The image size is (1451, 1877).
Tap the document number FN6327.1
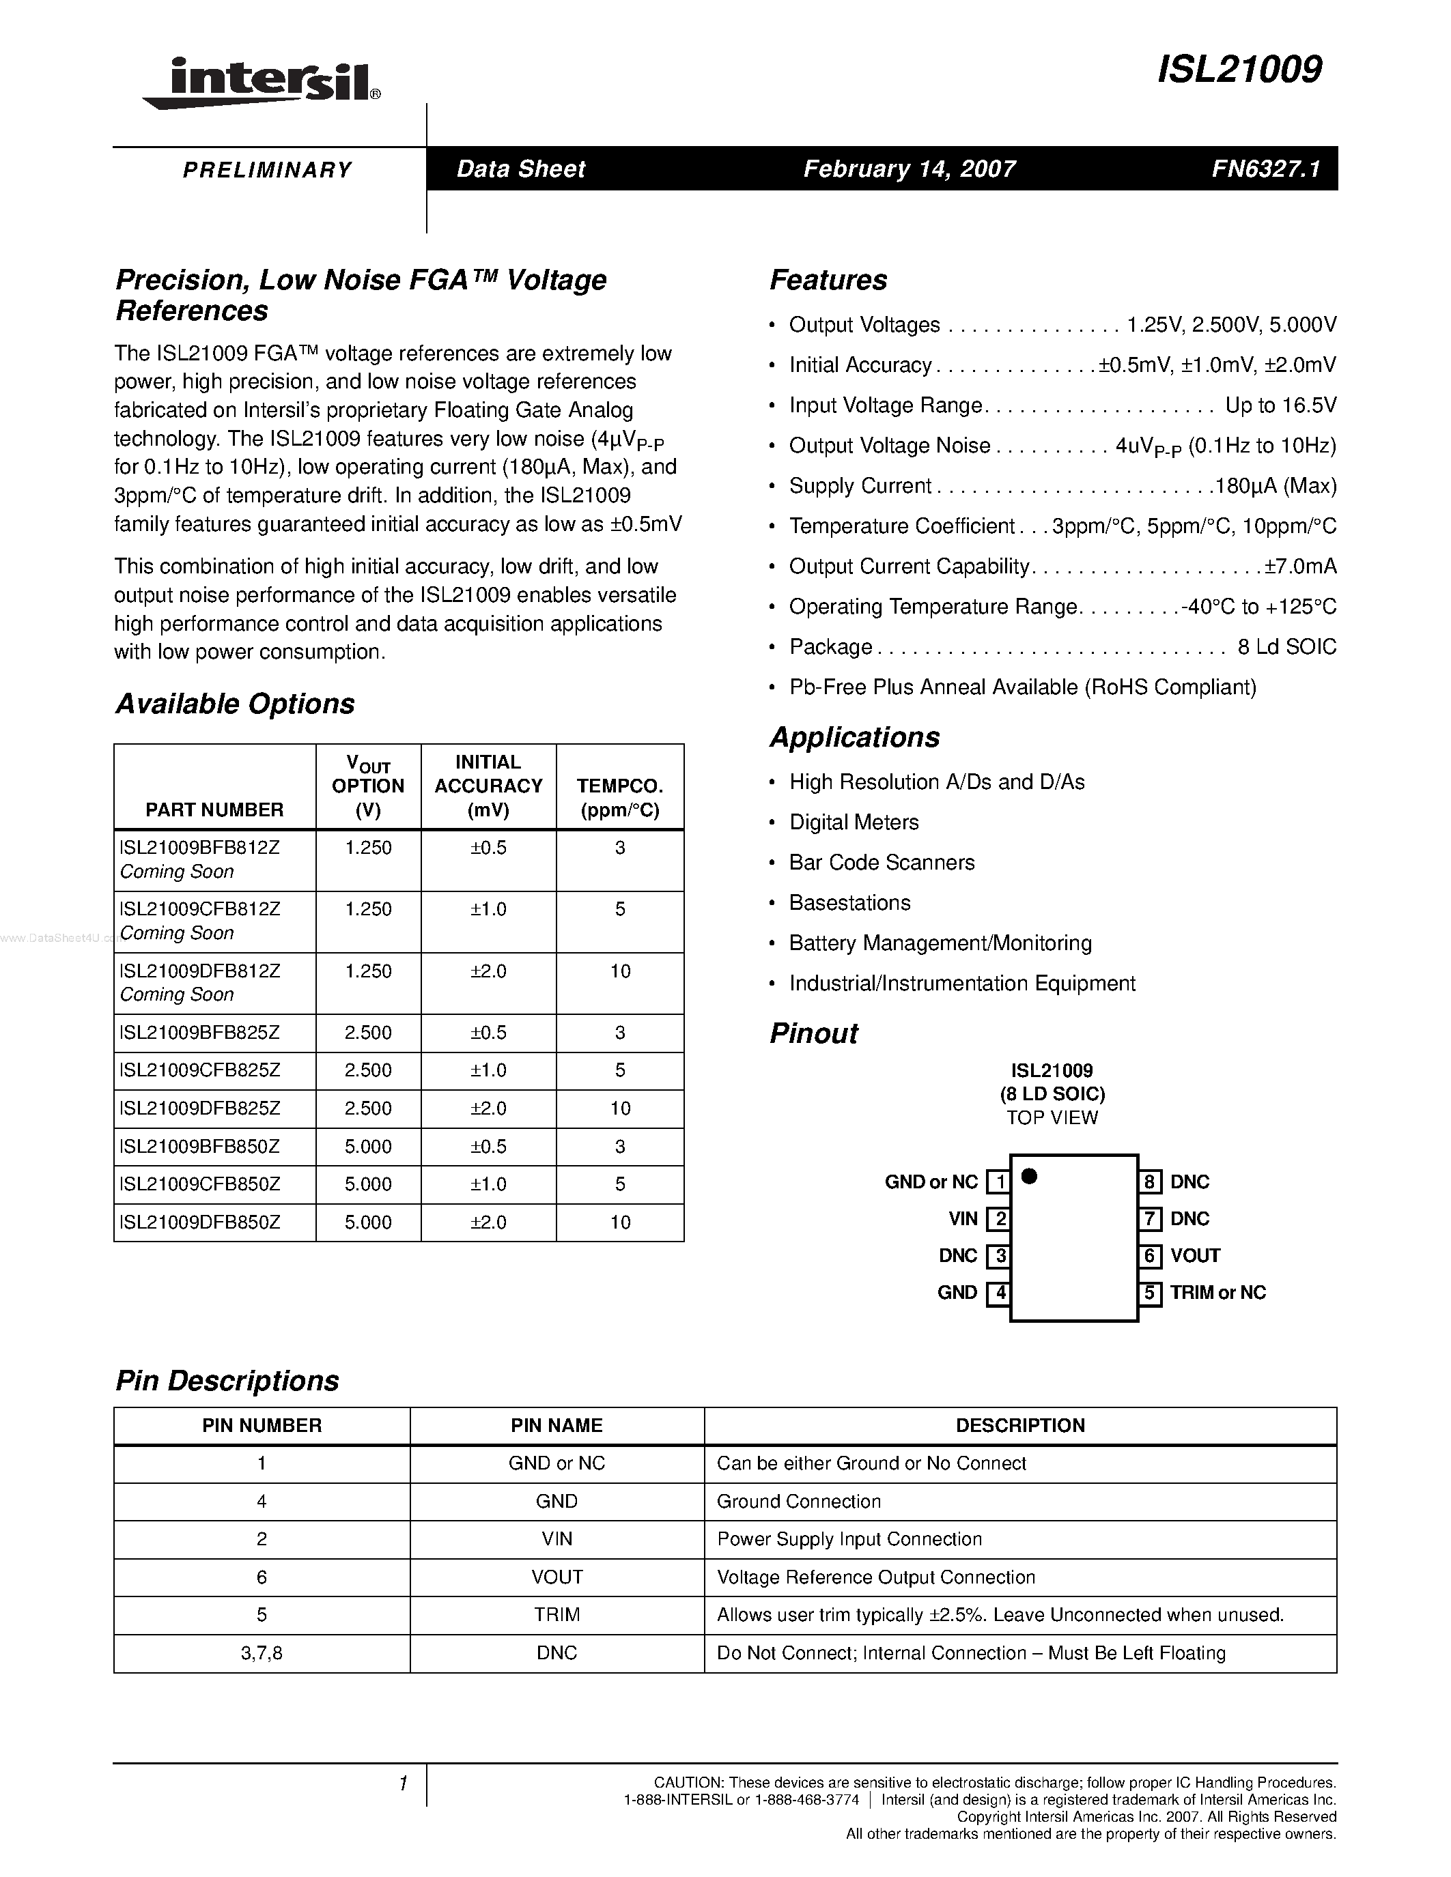(x=1265, y=169)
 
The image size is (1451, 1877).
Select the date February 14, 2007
(x=910, y=169)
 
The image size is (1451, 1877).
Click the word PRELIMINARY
(x=268, y=170)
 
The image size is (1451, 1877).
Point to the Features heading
(x=828, y=280)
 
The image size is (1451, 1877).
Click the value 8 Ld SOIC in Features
(x=1286, y=647)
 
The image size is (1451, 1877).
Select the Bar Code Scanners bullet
(x=882, y=863)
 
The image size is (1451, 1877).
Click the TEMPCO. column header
(x=620, y=797)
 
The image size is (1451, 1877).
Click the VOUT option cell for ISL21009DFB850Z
(x=368, y=1223)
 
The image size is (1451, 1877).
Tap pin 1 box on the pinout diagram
(x=998, y=1183)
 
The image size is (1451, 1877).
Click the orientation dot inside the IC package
(x=1029, y=1177)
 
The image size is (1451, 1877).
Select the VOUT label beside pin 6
(x=1195, y=1257)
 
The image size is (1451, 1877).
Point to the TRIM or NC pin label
(x=1217, y=1293)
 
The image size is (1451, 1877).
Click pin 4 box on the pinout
(x=998, y=1293)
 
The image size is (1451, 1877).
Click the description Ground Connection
(x=799, y=1502)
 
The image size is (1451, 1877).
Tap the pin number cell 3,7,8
(x=262, y=1654)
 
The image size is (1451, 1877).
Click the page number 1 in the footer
(x=402, y=1785)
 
